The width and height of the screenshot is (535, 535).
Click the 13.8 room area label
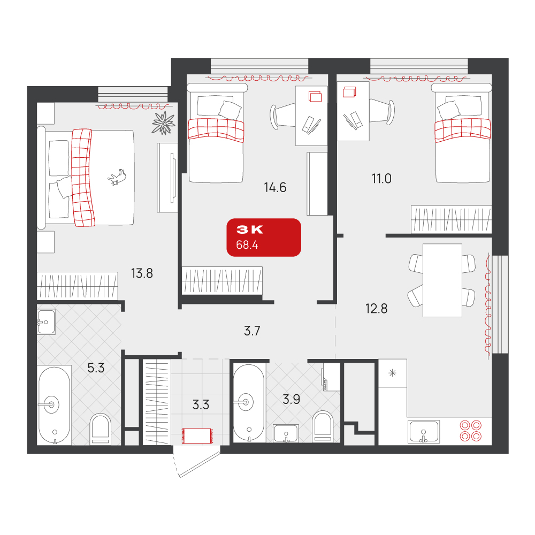(142, 273)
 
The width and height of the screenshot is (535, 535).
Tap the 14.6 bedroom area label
(275, 187)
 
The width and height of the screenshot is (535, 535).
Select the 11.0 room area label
(381, 179)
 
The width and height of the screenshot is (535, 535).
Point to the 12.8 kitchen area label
(376, 309)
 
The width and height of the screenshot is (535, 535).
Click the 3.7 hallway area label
(252, 331)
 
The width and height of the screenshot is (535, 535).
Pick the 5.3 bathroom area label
(96, 368)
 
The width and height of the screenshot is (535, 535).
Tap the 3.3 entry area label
(201, 404)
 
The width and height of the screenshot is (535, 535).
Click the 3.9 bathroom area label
(292, 399)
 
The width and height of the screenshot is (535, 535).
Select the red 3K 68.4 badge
(264, 238)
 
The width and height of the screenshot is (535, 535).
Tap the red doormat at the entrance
(197, 436)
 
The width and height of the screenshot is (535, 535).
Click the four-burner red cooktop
(470, 431)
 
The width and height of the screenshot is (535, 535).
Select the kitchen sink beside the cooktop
(423, 432)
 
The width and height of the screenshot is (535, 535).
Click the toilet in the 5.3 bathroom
(101, 429)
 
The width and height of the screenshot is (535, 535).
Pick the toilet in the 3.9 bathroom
(323, 426)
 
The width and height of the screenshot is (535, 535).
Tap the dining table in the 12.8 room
(442, 280)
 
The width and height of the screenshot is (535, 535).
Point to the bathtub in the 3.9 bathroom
(249, 403)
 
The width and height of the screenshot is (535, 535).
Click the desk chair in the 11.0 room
(382, 112)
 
